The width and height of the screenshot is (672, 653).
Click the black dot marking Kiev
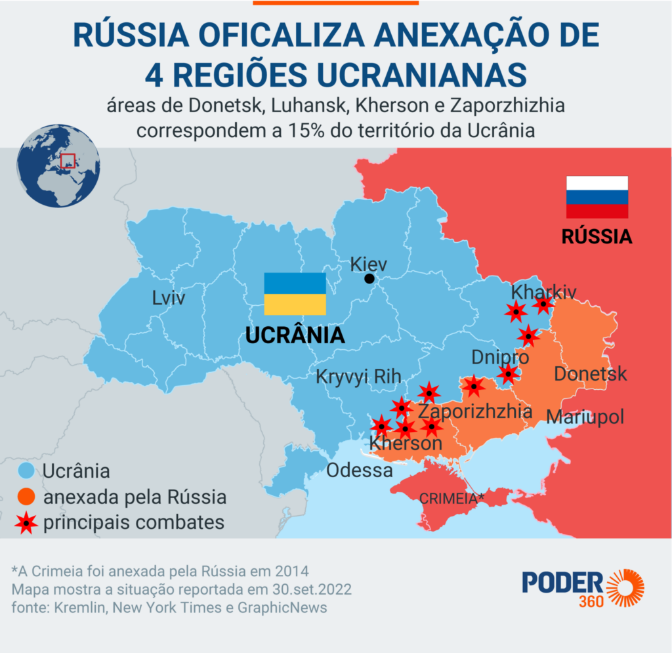[369, 279]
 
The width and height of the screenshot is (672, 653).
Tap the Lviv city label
[169, 299]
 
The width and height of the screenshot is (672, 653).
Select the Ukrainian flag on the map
[295, 293]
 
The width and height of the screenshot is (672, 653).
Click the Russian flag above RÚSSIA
[597, 196]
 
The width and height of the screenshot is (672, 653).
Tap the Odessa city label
[360, 470]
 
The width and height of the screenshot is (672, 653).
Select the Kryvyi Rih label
[358, 377]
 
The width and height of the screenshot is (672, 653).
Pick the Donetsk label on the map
[591, 374]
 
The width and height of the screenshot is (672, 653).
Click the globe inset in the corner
[58, 166]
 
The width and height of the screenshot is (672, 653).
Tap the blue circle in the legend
[26, 471]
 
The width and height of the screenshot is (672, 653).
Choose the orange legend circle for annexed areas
[26, 497]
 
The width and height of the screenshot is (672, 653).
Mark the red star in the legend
[26, 523]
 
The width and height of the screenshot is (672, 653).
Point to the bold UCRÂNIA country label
[295, 335]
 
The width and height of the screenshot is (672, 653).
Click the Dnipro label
[500, 358]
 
